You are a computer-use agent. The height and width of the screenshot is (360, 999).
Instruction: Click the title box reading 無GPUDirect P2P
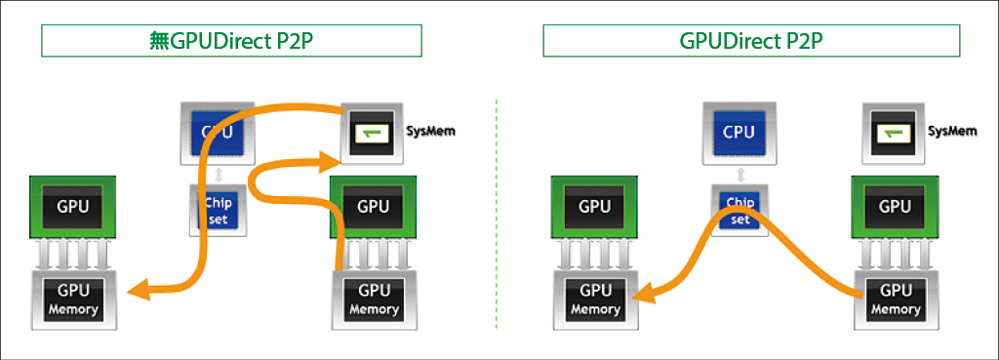click(230, 40)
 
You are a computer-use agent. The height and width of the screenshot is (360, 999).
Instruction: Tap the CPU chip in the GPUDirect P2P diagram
click(739, 132)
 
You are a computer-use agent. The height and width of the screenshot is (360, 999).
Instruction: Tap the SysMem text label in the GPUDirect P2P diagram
click(951, 131)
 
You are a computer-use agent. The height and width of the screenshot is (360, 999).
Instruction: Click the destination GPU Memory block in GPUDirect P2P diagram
click(595, 300)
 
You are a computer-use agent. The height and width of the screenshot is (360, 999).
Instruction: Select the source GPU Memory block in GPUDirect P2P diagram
click(895, 300)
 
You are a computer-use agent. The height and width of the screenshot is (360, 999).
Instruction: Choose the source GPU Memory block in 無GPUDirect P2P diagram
click(373, 300)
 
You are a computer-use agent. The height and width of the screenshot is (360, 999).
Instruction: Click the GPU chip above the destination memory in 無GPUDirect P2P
click(73, 207)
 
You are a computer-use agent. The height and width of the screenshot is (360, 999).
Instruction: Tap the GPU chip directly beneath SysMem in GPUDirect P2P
click(895, 207)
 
